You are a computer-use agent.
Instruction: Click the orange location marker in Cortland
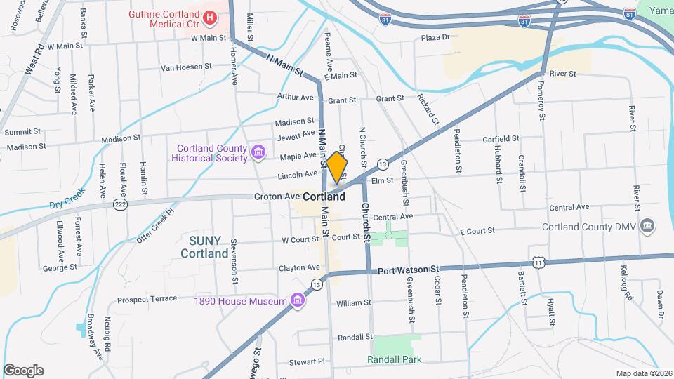(337, 166)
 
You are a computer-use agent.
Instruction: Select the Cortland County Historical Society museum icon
(258, 152)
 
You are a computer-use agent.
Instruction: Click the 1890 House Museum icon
(298, 300)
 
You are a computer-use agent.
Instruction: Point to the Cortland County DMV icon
(647, 227)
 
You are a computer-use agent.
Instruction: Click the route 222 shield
(120, 204)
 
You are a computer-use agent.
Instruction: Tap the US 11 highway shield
(538, 261)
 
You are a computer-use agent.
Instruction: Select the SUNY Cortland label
(204, 246)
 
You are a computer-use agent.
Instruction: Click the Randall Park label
(395, 359)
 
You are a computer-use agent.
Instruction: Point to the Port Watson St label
(408, 270)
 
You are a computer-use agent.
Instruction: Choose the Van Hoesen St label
(186, 67)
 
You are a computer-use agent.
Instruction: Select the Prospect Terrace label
(147, 298)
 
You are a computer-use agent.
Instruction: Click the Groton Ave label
(282, 197)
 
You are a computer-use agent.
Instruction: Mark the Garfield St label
(500, 139)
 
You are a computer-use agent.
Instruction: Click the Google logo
(23, 371)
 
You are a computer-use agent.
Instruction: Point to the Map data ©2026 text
(643, 373)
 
